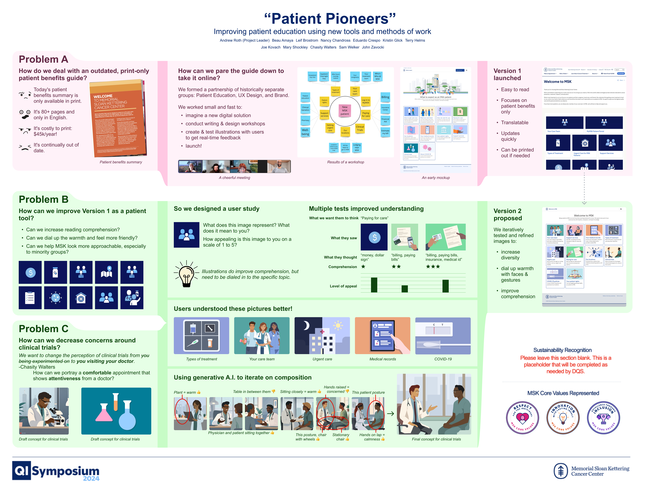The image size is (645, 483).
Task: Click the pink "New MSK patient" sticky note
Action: coord(345,110)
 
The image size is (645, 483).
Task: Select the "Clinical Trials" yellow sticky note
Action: coord(360,128)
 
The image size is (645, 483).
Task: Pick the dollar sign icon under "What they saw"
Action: coord(374,237)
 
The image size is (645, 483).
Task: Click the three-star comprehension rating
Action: coord(433,267)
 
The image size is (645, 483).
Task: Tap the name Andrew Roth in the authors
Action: coord(230,41)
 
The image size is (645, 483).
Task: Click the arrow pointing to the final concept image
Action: coord(390,414)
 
